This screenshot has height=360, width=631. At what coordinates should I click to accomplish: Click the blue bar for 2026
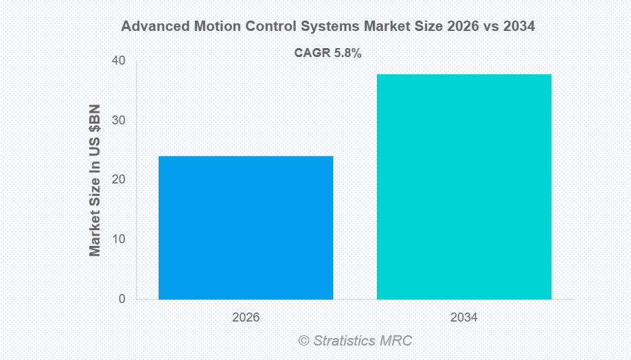pyautogui.click(x=246, y=227)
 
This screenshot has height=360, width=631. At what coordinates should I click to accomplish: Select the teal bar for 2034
pyautogui.click(x=464, y=187)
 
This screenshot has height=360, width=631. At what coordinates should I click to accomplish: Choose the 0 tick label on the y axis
pyautogui.click(x=122, y=299)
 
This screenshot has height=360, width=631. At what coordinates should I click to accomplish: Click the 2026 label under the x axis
pyautogui.click(x=246, y=318)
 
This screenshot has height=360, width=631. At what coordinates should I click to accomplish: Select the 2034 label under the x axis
pyautogui.click(x=464, y=318)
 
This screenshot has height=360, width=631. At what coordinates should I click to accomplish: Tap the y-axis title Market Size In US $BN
pyautogui.click(x=95, y=180)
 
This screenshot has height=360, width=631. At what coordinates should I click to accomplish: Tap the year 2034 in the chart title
pyautogui.click(x=518, y=27)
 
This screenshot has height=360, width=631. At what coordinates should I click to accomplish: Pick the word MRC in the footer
pyautogui.click(x=398, y=340)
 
